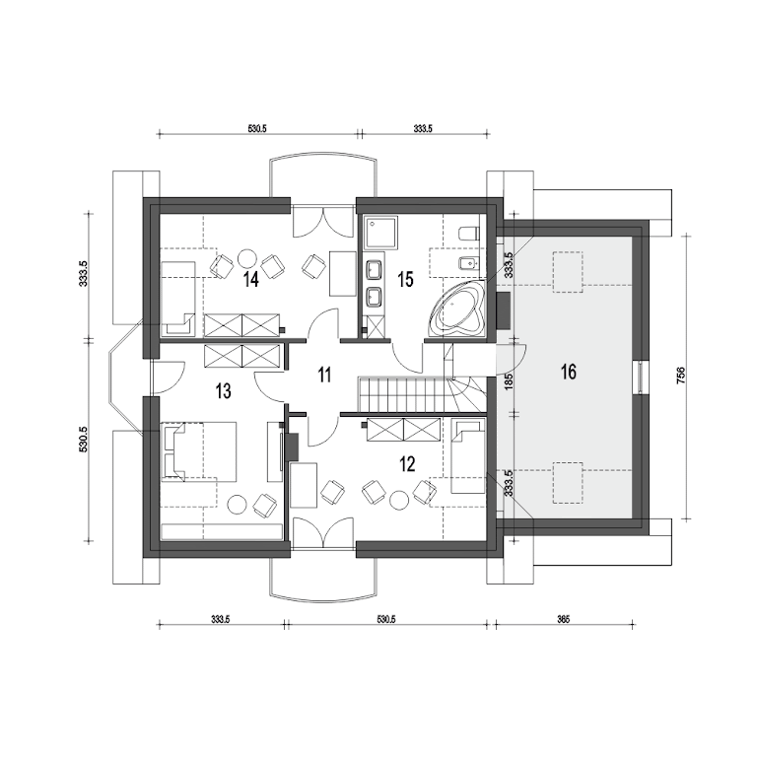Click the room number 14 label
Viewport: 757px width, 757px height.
point(251,280)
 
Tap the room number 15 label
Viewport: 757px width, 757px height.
point(405,280)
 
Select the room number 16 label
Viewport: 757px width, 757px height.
point(568,373)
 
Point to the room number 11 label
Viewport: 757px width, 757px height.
point(324,375)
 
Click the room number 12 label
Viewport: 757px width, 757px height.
point(407,464)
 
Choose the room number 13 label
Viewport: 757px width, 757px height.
point(224,391)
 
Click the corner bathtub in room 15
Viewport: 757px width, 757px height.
point(456,310)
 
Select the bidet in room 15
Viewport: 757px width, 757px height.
point(468,263)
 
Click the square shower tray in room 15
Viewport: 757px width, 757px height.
point(381,234)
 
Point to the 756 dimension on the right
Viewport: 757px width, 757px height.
point(681,376)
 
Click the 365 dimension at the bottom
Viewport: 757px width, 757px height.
point(564,619)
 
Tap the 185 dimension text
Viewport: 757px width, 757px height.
point(508,380)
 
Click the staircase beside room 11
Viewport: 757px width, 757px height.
point(421,395)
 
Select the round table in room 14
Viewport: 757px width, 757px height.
point(247,259)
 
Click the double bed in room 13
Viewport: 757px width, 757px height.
point(199,451)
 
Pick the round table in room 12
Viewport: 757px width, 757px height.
point(399,499)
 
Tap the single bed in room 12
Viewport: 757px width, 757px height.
point(468,455)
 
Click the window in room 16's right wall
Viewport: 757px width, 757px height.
point(640,378)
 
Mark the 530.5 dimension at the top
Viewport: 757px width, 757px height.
point(257,129)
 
